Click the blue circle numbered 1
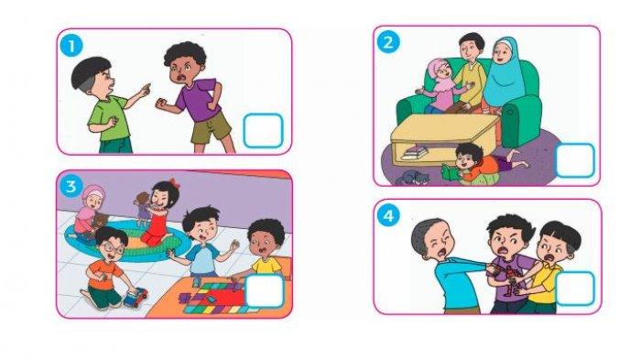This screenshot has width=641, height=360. [71, 46]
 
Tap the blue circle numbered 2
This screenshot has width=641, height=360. [388, 42]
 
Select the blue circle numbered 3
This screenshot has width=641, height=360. [71, 187]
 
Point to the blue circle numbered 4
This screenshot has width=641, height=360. [388, 215]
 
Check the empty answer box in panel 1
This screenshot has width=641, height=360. [264, 130]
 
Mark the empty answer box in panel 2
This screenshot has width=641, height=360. [575, 160]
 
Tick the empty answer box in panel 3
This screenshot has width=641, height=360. [264, 291]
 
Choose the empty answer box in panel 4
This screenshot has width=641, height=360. [575, 288]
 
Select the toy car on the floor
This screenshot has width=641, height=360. [135, 296]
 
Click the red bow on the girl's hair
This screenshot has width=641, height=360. [174, 183]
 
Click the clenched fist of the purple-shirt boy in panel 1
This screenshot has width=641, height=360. [161, 103]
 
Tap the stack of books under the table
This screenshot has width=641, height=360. [415, 153]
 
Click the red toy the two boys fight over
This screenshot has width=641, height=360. [508, 279]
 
